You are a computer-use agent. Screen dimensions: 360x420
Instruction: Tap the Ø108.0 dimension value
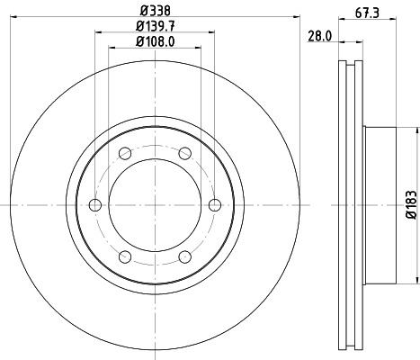coord(154,42)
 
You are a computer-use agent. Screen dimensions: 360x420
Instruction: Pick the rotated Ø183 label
coord(408,206)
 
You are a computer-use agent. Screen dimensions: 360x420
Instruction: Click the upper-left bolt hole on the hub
coord(125,152)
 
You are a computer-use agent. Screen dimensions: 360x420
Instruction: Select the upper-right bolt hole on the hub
coord(184,152)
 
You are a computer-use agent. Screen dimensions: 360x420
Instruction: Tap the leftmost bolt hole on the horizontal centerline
coord(95,206)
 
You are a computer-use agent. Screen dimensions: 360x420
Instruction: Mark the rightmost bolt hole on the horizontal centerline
coord(214,206)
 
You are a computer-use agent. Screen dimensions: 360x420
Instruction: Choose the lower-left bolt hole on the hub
coord(125,258)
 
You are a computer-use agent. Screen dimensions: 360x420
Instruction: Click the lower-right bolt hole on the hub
coord(184,258)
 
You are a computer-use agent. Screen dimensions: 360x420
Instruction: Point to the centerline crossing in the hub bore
coord(155,206)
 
